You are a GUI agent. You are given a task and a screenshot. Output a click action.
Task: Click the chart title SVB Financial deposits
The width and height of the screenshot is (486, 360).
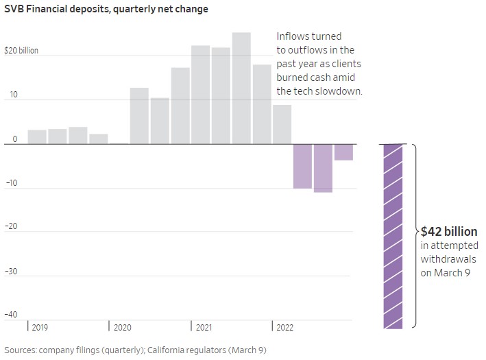(x=106, y=10)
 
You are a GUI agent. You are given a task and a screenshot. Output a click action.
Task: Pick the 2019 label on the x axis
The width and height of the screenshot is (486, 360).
(x=40, y=328)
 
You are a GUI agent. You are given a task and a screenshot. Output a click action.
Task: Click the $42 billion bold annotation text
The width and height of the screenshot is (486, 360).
(x=449, y=232)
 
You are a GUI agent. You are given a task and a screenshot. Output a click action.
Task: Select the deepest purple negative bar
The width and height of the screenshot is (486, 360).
(x=323, y=168)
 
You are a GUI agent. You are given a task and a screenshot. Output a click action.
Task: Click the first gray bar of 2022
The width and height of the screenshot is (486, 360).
(x=282, y=124)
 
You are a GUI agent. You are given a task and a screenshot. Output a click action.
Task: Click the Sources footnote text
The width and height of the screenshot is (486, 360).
(x=134, y=350)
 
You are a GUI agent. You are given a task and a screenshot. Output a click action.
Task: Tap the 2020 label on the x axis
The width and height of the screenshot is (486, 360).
(x=123, y=328)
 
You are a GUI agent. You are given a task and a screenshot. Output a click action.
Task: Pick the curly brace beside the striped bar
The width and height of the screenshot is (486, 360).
(x=415, y=233)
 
